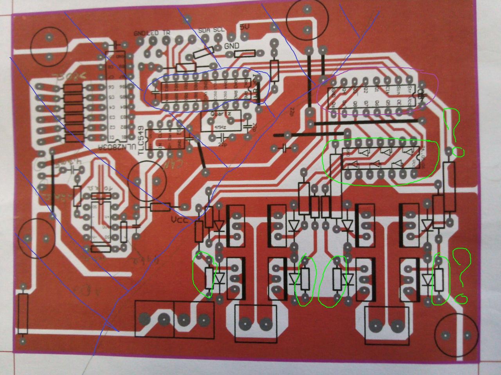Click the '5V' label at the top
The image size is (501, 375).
tap(244, 27)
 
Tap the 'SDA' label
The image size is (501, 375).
tap(205, 30)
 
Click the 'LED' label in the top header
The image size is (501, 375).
tap(153, 33)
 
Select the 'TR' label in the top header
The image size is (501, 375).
tap(166, 33)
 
